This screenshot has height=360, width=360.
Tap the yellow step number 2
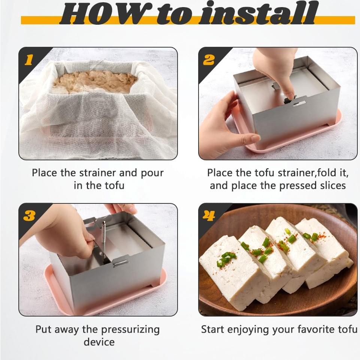[208, 60]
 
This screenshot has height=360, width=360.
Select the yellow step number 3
[29, 216]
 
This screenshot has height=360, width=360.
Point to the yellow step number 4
[209, 216]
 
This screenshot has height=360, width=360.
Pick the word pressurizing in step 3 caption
[130, 330]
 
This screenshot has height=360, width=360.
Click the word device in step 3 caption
[99, 342]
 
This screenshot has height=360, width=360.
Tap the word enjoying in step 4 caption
[248, 330]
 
